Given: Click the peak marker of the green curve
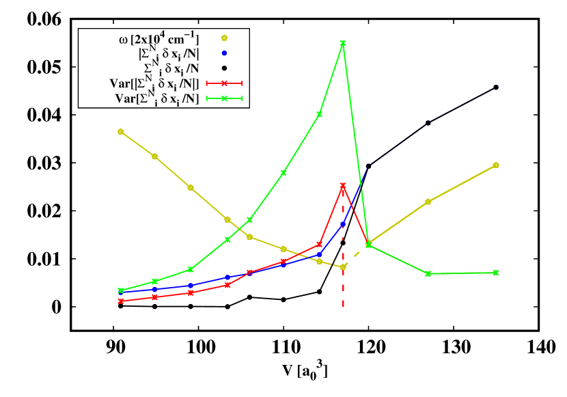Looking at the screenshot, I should tap(343, 43).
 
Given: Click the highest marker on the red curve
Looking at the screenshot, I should tap(343, 185).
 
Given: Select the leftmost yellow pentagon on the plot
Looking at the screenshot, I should tap(120, 131).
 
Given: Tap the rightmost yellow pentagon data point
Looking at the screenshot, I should tap(496, 165).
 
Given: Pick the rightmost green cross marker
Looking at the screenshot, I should tap(496, 273).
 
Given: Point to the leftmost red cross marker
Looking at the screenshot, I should tap(120, 301).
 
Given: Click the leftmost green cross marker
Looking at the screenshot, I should tap(120, 290).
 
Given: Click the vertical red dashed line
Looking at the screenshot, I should tap(343, 287).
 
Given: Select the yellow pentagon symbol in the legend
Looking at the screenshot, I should tap(224, 38).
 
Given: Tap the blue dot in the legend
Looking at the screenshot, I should tap(224, 53).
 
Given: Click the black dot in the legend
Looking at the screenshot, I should tap(224, 68).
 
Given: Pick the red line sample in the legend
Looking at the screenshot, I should tap(224, 83).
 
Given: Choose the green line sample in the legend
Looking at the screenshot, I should tap(224, 99).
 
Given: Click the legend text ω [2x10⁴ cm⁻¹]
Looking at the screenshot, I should tap(158, 38).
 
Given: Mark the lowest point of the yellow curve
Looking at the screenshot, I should tap(343, 266).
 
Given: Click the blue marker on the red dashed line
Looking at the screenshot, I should tap(343, 225).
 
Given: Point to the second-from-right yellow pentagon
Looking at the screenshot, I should tap(428, 202).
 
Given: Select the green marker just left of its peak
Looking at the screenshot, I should tap(319, 114).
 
